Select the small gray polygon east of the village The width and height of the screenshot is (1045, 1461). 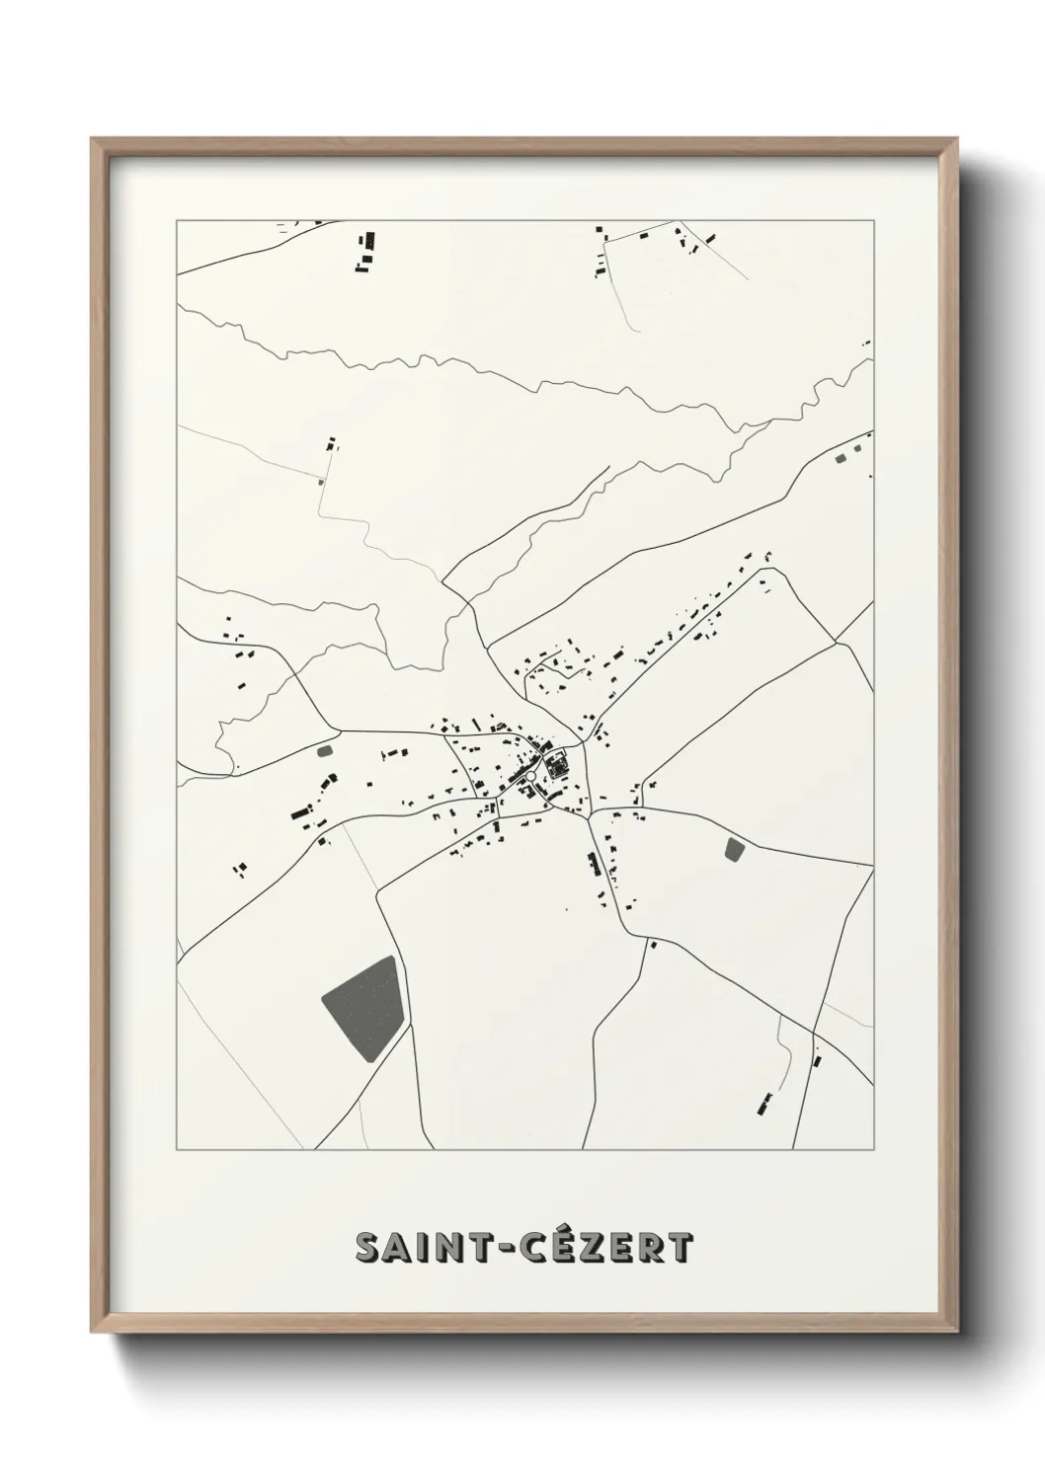(x=734, y=849)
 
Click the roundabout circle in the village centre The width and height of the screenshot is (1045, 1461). (x=530, y=777)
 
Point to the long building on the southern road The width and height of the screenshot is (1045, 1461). (x=594, y=864)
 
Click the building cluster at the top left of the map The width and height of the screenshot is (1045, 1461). (x=366, y=251)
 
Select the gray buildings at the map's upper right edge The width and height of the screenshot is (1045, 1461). (x=842, y=457)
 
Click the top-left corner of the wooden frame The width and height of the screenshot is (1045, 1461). (x=93, y=139)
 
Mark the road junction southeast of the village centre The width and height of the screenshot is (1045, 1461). (x=589, y=815)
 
